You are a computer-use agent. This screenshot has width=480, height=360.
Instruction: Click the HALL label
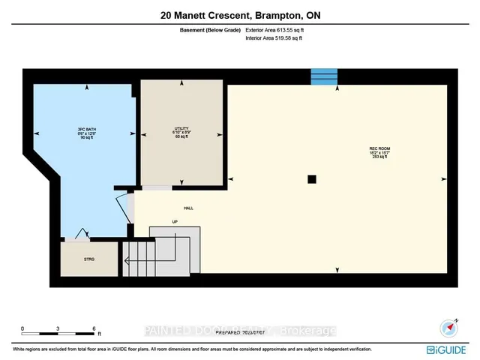[188, 208]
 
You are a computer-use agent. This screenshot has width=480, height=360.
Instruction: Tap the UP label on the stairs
[175, 221]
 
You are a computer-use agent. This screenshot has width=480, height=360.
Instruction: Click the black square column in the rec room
[312, 178]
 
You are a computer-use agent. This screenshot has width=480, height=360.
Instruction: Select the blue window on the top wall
[324, 76]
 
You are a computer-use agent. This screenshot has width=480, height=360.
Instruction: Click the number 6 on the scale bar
[94, 328]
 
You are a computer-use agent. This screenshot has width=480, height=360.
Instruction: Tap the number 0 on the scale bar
[22, 328]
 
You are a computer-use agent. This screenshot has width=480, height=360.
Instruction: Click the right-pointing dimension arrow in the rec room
[444, 178]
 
